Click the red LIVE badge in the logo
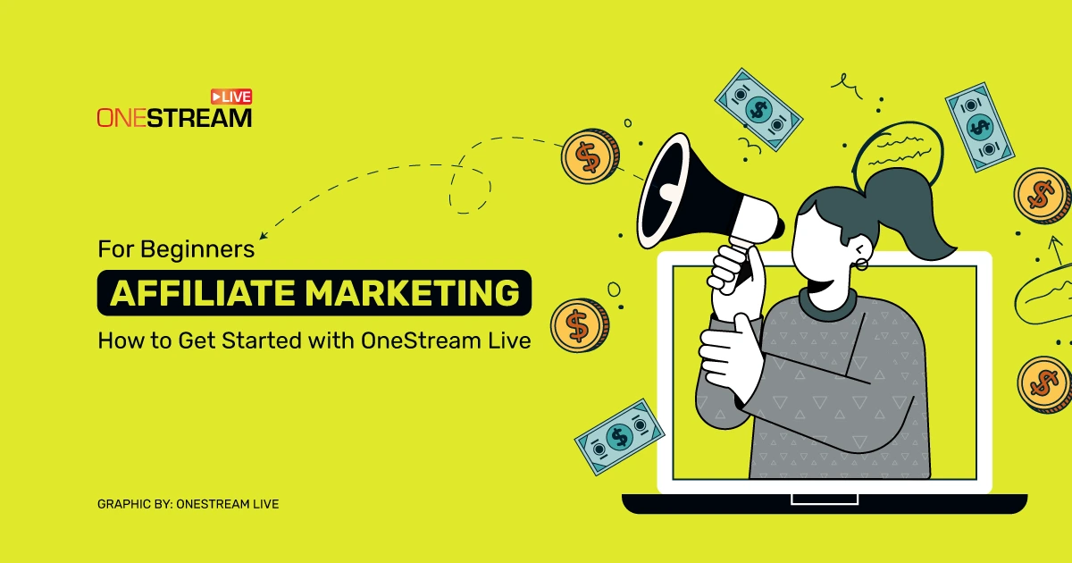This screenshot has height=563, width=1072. tap(231, 97)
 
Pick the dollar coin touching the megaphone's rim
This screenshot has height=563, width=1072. tap(587, 157)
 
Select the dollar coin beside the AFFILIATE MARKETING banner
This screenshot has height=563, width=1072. tap(576, 325)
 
